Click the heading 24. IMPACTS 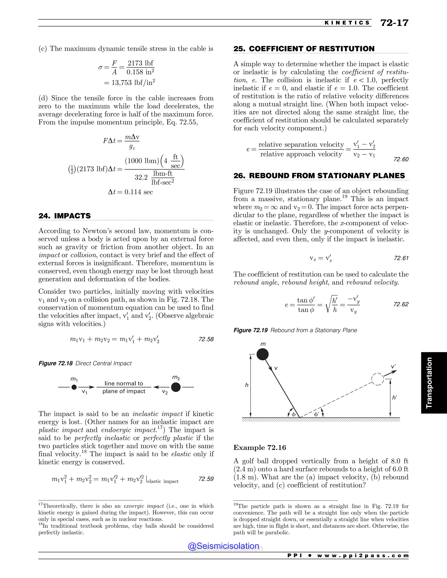pyautogui.click(x=64, y=216)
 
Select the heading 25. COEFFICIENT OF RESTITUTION pyautogui.click(x=304, y=49)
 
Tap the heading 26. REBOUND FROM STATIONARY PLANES pyautogui.click(x=319, y=176)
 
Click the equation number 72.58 pyautogui.click(x=206, y=339)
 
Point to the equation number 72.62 pyautogui.click(x=401, y=304)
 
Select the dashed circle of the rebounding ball pyautogui.click(x=378, y=379)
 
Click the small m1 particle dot pyautogui.click(x=74, y=387)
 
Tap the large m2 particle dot pyautogui.click(x=176, y=387)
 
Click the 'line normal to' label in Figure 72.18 pyautogui.click(x=124, y=383)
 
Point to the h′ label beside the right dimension pyautogui.click(x=395, y=397)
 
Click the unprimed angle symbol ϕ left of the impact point pyautogui.click(x=293, y=414)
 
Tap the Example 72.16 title pyautogui.click(x=260, y=448)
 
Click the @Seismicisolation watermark pyautogui.click(x=223, y=546)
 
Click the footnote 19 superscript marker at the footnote pyautogui.click(x=236, y=504)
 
